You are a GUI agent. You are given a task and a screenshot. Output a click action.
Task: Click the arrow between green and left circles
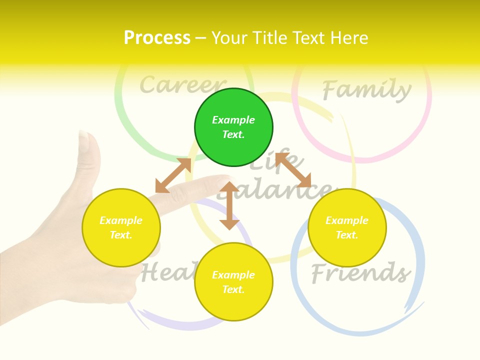pyautogui.click(x=173, y=175)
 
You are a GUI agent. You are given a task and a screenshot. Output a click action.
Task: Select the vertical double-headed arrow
pyautogui.click(x=229, y=205)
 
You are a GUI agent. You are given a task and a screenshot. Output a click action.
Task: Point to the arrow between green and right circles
pyautogui.click(x=293, y=170)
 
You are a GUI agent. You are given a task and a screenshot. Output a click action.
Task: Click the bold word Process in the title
pyautogui.click(x=157, y=38)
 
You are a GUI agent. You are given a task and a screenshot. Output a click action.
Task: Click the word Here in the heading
pyautogui.click(x=349, y=38)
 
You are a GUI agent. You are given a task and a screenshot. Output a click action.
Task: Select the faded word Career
pyautogui.click(x=182, y=85)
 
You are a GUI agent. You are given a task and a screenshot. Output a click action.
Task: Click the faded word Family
pyautogui.click(x=366, y=90)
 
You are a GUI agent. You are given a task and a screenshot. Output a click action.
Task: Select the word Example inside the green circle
pyautogui.click(x=233, y=120)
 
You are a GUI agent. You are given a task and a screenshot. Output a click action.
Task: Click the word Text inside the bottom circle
pyautogui.click(x=233, y=289)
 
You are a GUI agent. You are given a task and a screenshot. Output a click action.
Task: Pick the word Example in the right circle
pyautogui.click(x=346, y=220)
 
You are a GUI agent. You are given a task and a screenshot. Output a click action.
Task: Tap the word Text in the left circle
pyautogui.click(x=121, y=235)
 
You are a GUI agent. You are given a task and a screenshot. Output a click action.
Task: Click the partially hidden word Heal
pyautogui.click(x=165, y=273)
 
